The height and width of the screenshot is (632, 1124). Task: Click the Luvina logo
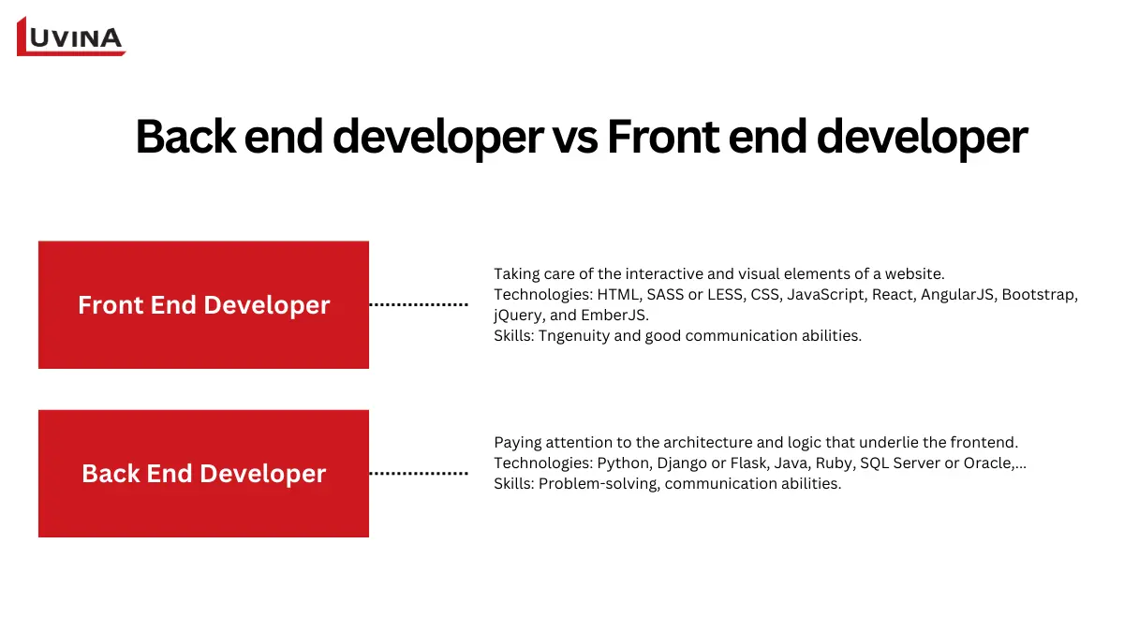pyautogui.click(x=71, y=37)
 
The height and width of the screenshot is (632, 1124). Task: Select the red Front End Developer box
pyautogui.click(x=203, y=304)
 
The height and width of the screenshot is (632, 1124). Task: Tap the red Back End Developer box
pyautogui.click(x=203, y=473)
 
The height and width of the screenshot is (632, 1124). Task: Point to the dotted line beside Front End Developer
pyautogui.click(x=419, y=304)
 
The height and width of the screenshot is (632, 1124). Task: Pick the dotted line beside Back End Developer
pyautogui.click(x=419, y=473)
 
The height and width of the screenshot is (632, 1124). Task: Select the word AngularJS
pyautogui.click(x=960, y=295)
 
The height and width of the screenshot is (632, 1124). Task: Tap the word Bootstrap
pyautogui.click(x=1040, y=295)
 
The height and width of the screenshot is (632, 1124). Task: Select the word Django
pyautogui.click(x=686, y=463)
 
